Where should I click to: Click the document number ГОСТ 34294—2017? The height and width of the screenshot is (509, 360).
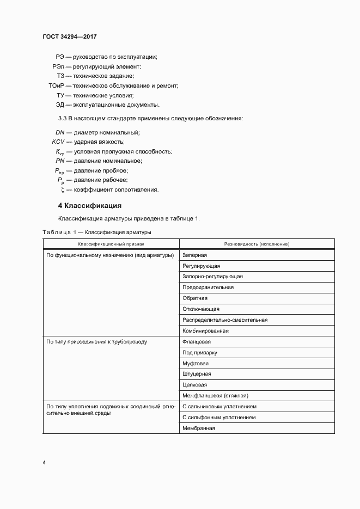click(x=69, y=37)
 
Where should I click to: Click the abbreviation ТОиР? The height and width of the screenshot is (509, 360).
click(x=56, y=85)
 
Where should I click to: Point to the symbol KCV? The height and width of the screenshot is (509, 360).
click(x=58, y=142)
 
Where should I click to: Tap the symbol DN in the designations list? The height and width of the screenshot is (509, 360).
click(x=60, y=132)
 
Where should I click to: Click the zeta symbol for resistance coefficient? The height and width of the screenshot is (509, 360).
click(x=63, y=190)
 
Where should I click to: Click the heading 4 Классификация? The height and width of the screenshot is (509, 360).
click(x=89, y=206)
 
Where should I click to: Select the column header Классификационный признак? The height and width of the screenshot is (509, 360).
click(x=111, y=244)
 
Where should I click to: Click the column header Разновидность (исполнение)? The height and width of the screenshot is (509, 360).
click(x=257, y=244)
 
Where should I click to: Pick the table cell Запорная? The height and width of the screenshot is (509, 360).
click(x=194, y=255)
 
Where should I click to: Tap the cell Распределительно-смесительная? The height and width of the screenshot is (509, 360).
click(x=224, y=320)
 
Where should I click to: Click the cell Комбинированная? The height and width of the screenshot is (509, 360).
click(x=205, y=331)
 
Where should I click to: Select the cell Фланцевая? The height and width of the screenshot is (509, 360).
click(x=197, y=342)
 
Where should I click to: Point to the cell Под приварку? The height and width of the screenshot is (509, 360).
click(x=200, y=353)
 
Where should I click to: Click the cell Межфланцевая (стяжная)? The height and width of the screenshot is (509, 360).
click(x=215, y=396)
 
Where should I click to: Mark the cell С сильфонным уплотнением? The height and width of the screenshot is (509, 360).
click(x=219, y=418)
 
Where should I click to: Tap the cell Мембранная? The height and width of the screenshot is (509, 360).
click(x=199, y=428)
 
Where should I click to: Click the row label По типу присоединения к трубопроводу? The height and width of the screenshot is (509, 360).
click(x=96, y=342)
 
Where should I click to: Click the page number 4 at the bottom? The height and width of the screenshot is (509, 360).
click(x=44, y=463)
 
